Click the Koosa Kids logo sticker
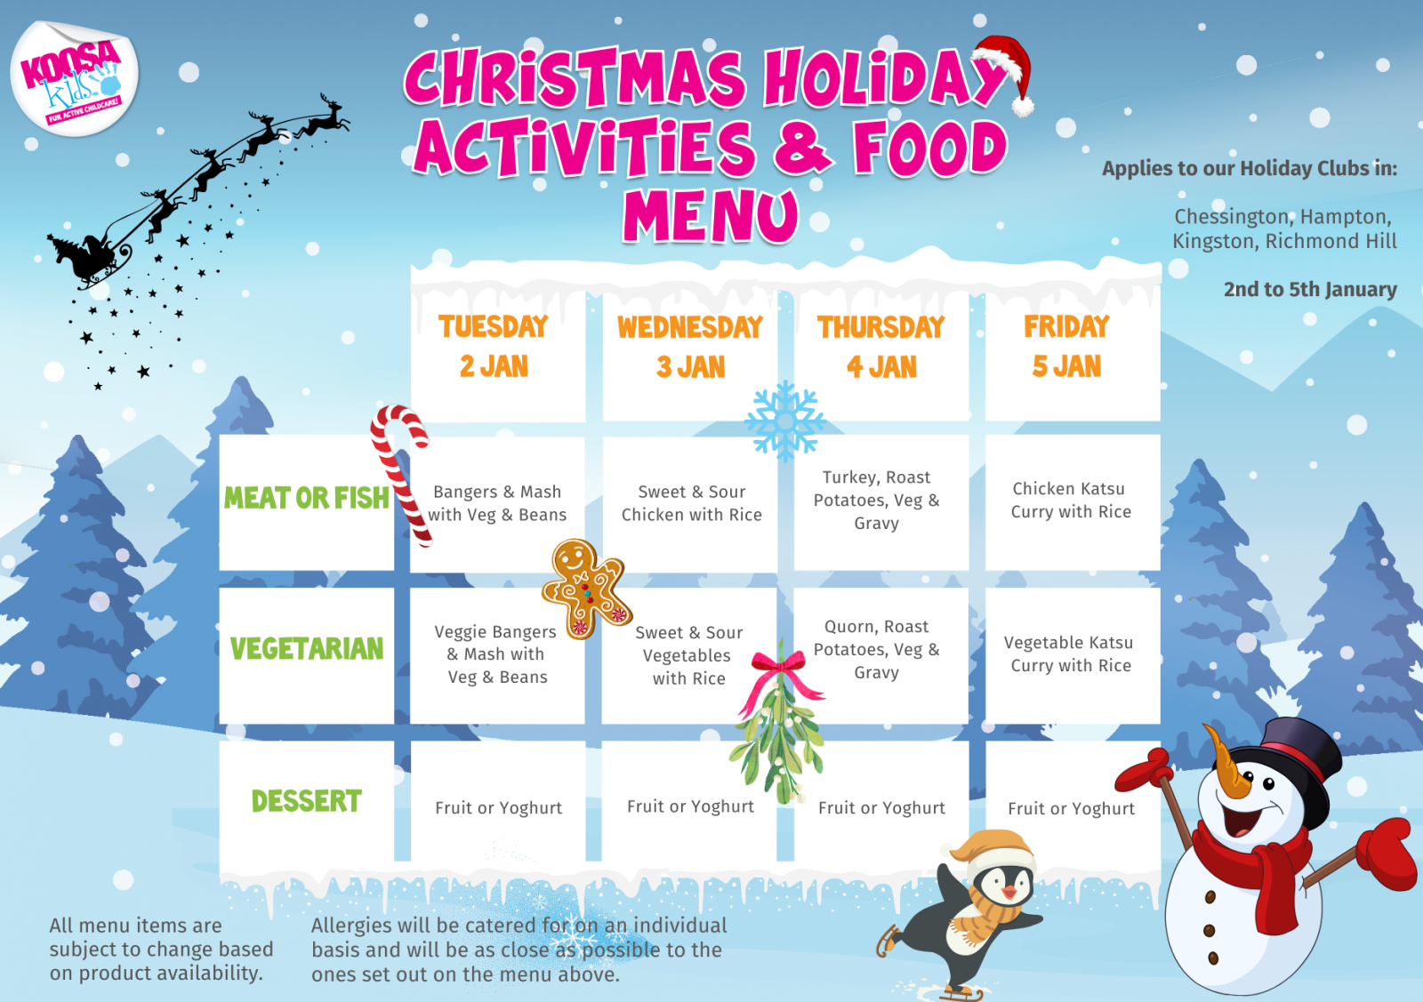pos(75,78)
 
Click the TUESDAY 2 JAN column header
pos(494,347)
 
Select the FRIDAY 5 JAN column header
pos(1066,347)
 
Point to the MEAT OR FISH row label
pos(306,498)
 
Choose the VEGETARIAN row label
pos(307,648)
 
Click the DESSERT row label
pos(307,801)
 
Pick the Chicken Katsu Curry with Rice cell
pos(1072,501)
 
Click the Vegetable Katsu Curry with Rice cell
pos(1070,654)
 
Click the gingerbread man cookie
pos(586,588)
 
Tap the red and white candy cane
pos(402,473)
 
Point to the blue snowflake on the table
pos(785,421)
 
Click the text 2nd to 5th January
pos(1310,290)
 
